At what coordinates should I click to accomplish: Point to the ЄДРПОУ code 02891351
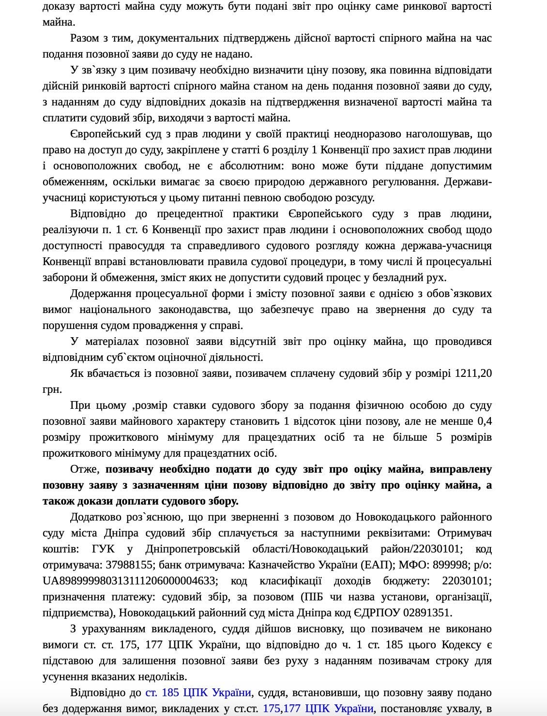tap(427, 613)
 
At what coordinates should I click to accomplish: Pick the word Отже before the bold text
tap(85, 469)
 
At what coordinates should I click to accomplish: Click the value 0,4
tap(484, 421)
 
